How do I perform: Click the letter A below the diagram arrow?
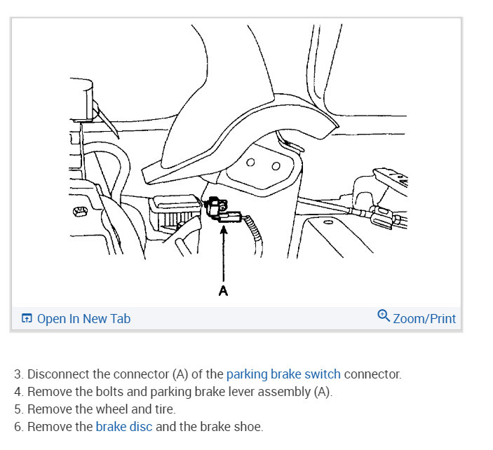(223, 290)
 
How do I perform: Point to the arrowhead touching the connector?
(223, 229)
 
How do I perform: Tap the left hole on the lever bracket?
(250, 162)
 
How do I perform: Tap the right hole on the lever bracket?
(276, 166)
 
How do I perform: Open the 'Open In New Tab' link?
(83, 318)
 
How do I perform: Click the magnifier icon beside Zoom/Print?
(384, 316)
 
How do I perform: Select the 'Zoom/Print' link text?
(424, 318)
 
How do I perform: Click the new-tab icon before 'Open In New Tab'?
(27, 319)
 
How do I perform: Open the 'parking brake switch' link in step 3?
(283, 374)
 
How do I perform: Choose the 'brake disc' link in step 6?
(124, 426)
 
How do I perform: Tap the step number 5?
(18, 409)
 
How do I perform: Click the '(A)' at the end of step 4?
(320, 392)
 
